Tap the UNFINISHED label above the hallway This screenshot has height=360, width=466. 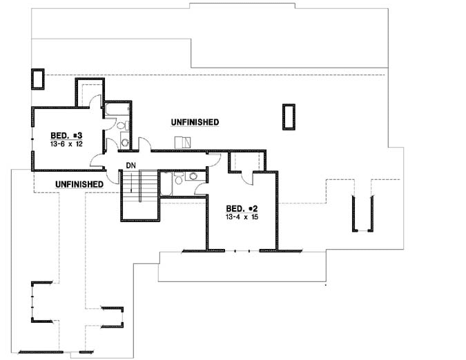point(195,122)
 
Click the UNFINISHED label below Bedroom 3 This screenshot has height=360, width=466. point(79,184)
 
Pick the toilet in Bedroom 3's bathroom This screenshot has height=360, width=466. point(119,126)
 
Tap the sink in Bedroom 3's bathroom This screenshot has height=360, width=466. point(125,142)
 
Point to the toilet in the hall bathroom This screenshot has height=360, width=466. point(178,179)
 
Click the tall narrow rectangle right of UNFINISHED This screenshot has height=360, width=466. point(289,117)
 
